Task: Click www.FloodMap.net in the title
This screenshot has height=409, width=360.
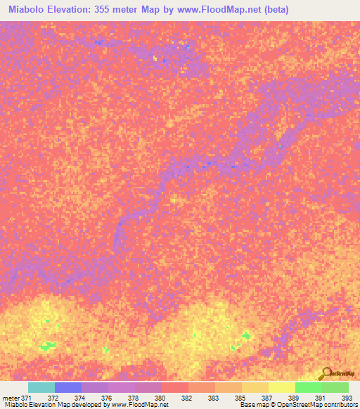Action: (212, 11)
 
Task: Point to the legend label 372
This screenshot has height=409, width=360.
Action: (69, 398)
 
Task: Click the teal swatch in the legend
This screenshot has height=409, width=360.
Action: (41, 387)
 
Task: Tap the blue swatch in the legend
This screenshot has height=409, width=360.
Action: (68, 387)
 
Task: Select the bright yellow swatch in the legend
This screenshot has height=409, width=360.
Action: (282, 387)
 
